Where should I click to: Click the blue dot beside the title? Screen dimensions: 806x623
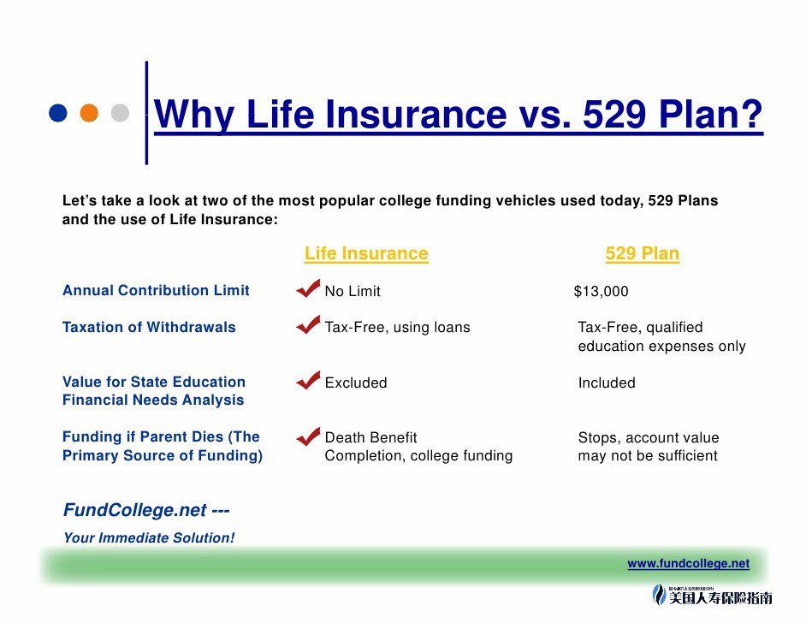point(58,113)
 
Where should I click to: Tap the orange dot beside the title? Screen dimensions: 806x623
point(89,113)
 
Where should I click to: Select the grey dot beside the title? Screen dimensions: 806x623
point(120,113)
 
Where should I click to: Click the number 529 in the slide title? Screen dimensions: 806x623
point(613,114)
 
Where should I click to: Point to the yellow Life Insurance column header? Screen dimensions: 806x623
point(366,253)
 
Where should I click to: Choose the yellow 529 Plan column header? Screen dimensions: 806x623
point(642,253)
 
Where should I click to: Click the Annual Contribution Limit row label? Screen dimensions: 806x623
point(156,290)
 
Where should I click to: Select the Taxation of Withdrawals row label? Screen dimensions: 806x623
point(149,328)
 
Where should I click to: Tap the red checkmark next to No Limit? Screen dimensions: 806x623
point(308,288)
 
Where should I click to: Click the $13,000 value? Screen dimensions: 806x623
point(601,292)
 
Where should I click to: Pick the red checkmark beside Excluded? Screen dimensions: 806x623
point(308,380)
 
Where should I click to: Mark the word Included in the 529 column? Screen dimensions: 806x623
point(607,383)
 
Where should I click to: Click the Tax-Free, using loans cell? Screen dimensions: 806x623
point(397,328)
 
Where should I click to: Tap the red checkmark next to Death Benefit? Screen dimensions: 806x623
point(308,436)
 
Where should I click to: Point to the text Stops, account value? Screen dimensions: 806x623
point(649,437)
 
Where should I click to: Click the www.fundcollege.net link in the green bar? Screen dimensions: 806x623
point(688,563)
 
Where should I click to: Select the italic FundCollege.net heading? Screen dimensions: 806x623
point(146,510)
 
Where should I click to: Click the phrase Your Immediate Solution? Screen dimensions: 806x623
point(149,537)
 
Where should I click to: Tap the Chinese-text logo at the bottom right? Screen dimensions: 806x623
point(712,596)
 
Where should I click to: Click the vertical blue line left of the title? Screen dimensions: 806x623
point(146,113)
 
